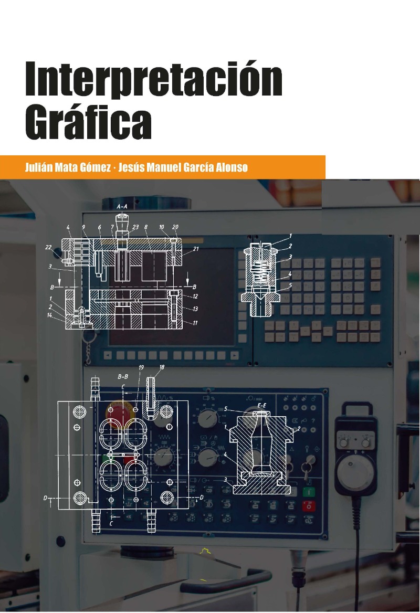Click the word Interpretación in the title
click(154, 79)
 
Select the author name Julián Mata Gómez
click(68, 167)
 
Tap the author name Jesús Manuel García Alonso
click(183, 167)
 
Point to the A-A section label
click(122, 206)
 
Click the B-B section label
click(123, 377)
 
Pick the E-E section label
click(261, 405)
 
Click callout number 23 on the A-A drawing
click(135, 227)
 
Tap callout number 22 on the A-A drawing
click(48, 247)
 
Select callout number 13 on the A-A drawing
click(195, 309)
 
